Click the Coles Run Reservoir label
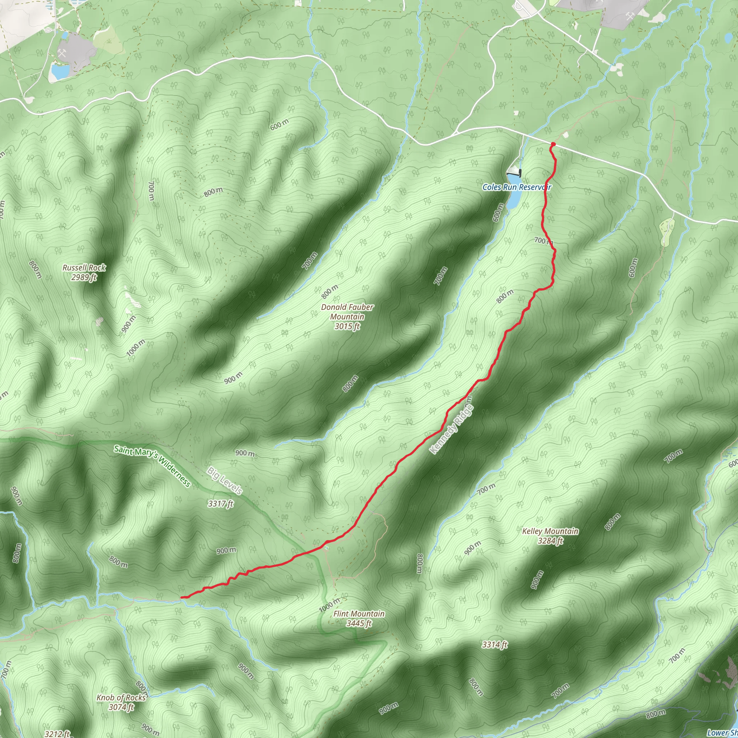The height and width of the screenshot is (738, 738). [516, 187]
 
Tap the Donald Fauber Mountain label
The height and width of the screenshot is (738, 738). [347, 317]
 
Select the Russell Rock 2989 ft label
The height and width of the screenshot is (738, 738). [84, 272]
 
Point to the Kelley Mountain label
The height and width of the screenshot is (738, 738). [550, 535]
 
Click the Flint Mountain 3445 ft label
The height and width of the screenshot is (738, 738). [359, 618]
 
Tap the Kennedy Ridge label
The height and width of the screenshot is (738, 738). [452, 429]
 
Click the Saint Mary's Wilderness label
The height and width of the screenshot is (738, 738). [152, 466]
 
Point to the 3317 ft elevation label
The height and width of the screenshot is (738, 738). [221, 504]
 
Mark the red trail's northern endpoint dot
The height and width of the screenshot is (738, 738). [553, 144]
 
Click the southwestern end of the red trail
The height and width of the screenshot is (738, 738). [182, 597]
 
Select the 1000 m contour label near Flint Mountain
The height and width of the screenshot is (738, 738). [329, 605]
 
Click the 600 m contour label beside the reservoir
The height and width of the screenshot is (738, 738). [498, 210]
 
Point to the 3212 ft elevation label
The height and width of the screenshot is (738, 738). [57, 734]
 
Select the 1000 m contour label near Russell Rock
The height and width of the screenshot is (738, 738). [135, 348]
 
